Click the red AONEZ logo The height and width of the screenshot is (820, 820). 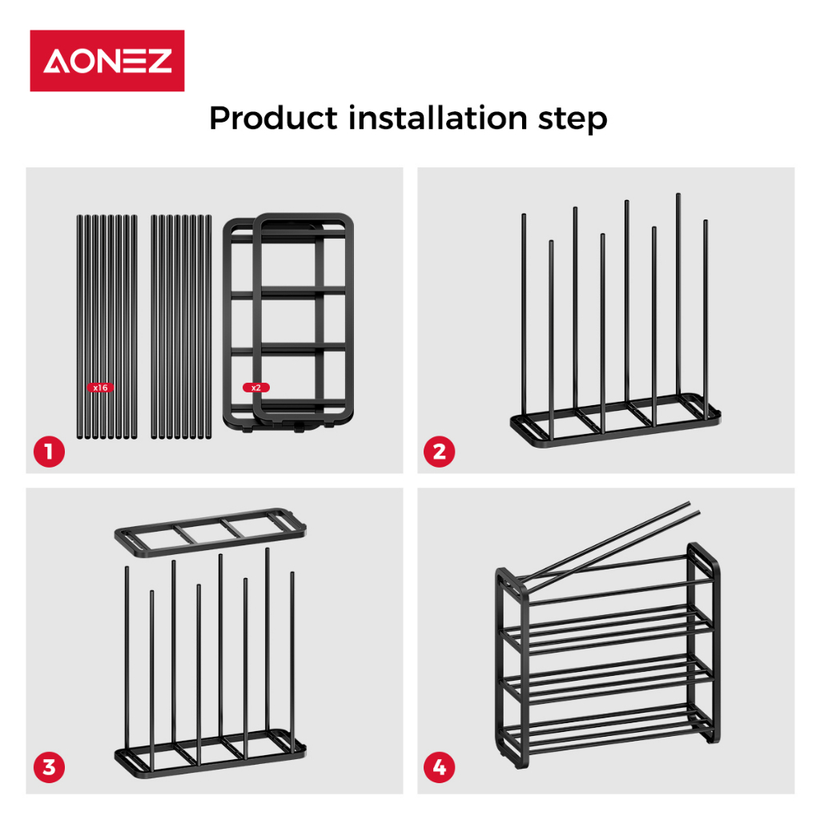click(x=107, y=61)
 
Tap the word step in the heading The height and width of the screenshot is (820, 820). click(x=573, y=120)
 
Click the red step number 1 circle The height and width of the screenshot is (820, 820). click(x=49, y=452)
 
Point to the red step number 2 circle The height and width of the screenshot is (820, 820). click(x=440, y=452)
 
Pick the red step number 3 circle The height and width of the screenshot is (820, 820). click(x=49, y=767)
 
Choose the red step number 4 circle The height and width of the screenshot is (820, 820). click(x=440, y=767)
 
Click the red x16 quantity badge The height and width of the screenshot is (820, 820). click(x=100, y=388)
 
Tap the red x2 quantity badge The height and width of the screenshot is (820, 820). click(x=256, y=388)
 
